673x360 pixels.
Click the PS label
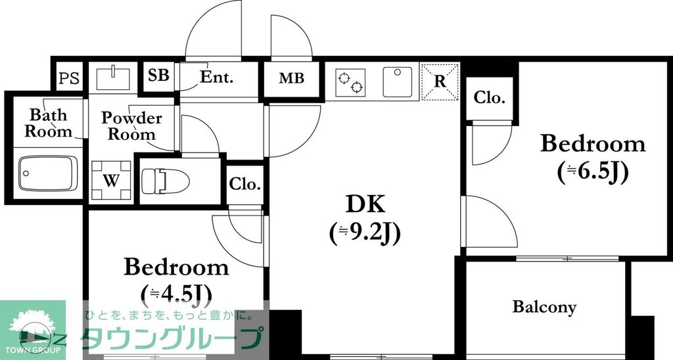pos(68,79)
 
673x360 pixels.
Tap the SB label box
pos(158,76)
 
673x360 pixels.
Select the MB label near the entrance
pos(291,79)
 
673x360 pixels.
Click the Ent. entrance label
pos(216,78)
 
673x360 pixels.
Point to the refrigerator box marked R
pos(440,81)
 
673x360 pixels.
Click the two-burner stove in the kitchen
pos(350,82)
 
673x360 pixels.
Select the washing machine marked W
pos(111,181)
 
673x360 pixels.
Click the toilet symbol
pos(165,180)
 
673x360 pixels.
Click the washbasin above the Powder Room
pos(114,78)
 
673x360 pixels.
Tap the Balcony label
pos(544,307)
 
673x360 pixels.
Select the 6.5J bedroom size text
pos(593,171)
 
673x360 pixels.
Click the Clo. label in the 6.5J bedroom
pos(490,99)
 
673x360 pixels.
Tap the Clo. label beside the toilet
pos(245,184)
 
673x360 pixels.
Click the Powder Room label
pos(131,126)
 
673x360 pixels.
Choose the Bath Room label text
pos(49,123)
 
